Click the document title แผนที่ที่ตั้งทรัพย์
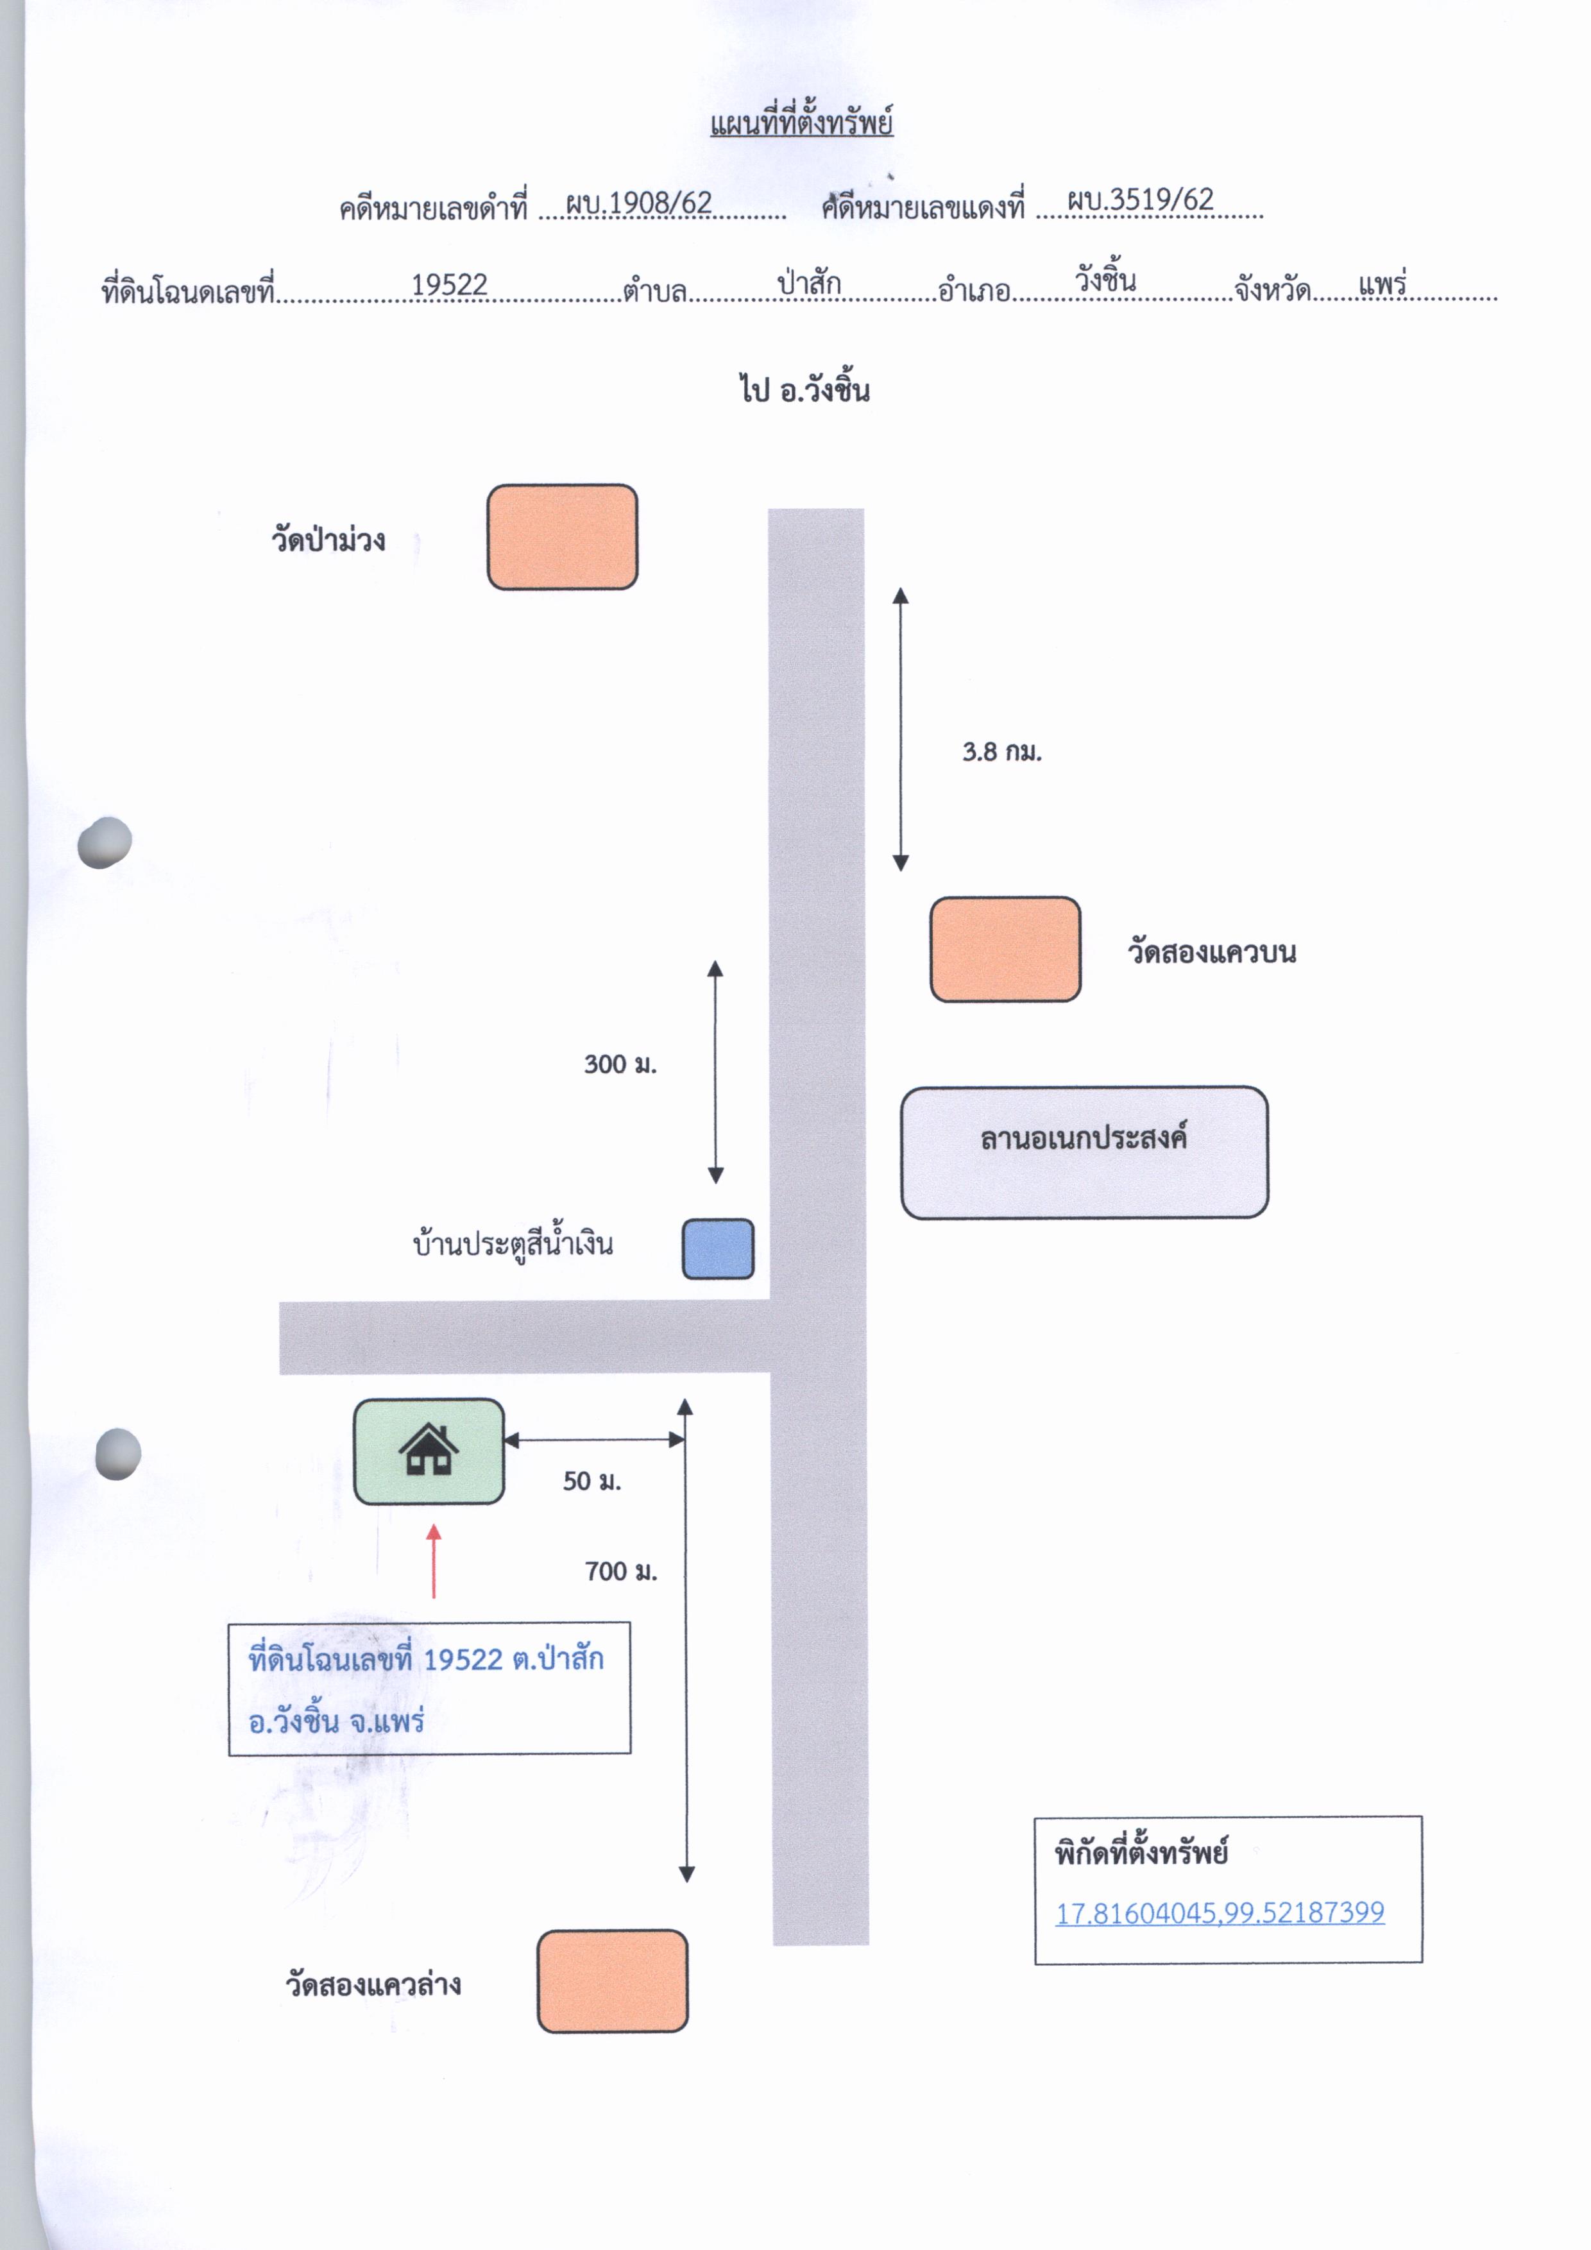coord(801,121)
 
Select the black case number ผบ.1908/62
coord(639,202)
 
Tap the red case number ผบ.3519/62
coord(1141,199)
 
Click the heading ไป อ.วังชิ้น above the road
coord(805,388)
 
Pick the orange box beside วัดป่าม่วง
coord(563,537)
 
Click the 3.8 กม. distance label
coord(1001,752)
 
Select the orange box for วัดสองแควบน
coord(1005,950)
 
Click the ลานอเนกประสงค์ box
coord(1084,1152)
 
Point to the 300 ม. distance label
coord(620,1064)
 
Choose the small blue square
coord(718,1249)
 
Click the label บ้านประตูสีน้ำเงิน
coord(513,1243)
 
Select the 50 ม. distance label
coord(591,1481)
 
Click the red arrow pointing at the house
coord(433,1561)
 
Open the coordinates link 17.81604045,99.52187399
coord(1220,1913)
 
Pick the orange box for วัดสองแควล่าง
coord(612,1981)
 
